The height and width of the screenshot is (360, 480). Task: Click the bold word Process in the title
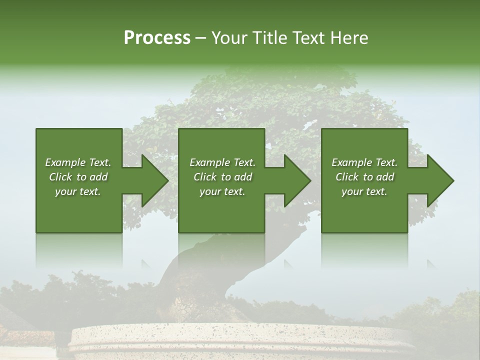(x=157, y=38)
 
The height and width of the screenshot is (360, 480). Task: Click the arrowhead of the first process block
(x=152, y=180)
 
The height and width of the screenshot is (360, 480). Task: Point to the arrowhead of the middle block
(x=295, y=180)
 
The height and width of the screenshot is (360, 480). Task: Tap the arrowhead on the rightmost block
(x=438, y=180)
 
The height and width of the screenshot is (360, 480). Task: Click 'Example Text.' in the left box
(x=78, y=162)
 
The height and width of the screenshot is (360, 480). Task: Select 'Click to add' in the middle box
(x=222, y=177)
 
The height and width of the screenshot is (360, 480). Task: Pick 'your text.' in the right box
(x=364, y=191)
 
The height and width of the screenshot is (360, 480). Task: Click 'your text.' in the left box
(x=78, y=191)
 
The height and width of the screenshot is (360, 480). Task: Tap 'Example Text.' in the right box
(x=364, y=162)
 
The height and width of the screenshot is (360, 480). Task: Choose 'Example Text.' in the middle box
(x=222, y=162)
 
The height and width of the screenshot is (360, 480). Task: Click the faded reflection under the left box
(x=79, y=250)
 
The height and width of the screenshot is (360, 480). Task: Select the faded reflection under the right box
(x=364, y=250)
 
